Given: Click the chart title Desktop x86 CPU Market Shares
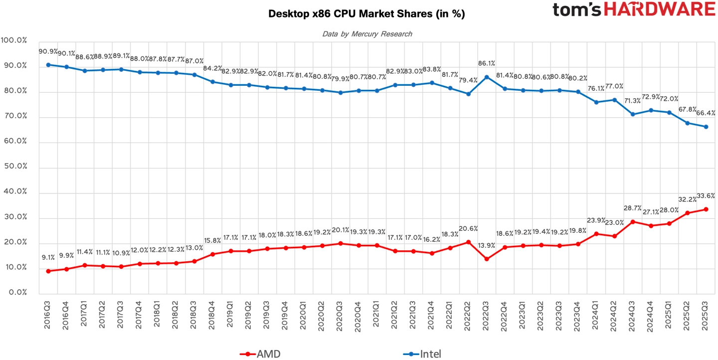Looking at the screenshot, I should [x=366, y=14].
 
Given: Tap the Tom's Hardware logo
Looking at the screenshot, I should [x=634, y=10].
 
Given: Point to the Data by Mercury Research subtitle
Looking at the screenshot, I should [x=367, y=34].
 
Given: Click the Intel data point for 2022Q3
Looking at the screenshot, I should [x=487, y=77].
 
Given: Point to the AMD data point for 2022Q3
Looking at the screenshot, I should [x=487, y=259].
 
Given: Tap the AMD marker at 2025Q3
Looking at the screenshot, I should [x=706, y=209].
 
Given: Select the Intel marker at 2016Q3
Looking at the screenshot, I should [x=48, y=65].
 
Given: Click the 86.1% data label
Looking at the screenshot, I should [x=487, y=64].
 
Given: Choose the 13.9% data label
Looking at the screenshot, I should [x=487, y=246].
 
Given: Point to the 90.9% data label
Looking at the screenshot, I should [x=48, y=51].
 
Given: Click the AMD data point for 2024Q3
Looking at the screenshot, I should [x=633, y=222].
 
